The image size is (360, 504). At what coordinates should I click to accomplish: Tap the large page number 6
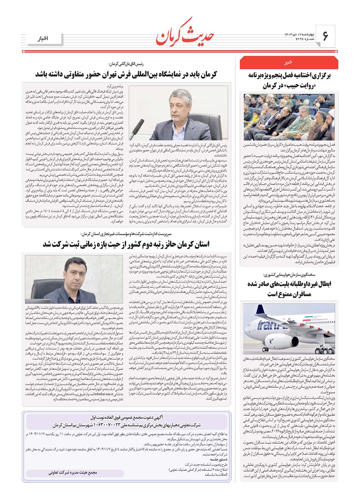coord(325,36)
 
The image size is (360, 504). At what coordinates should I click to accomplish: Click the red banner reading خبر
coord(288,62)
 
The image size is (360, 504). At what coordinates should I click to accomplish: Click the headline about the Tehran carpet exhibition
coord(126,75)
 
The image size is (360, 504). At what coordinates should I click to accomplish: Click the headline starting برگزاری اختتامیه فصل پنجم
coord(289,80)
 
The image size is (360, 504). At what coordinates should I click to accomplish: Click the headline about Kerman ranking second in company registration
coord(126,244)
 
